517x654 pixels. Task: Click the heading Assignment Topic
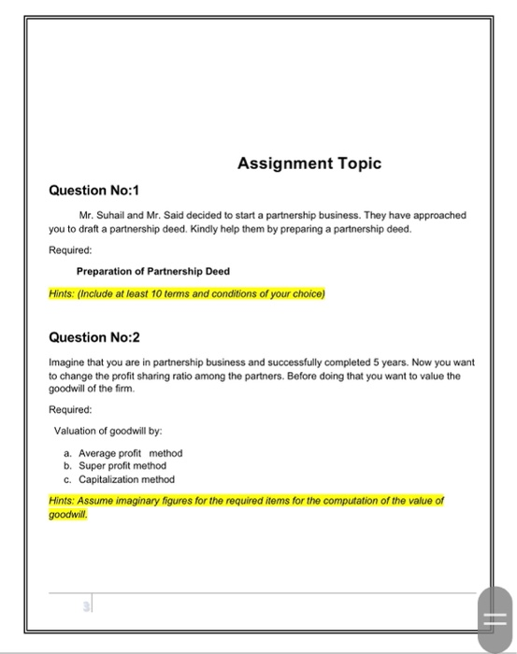point(309,163)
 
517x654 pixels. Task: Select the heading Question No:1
point(93,191)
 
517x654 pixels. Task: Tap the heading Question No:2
point(93,336)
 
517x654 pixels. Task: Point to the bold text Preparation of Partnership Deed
point(153,272)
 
